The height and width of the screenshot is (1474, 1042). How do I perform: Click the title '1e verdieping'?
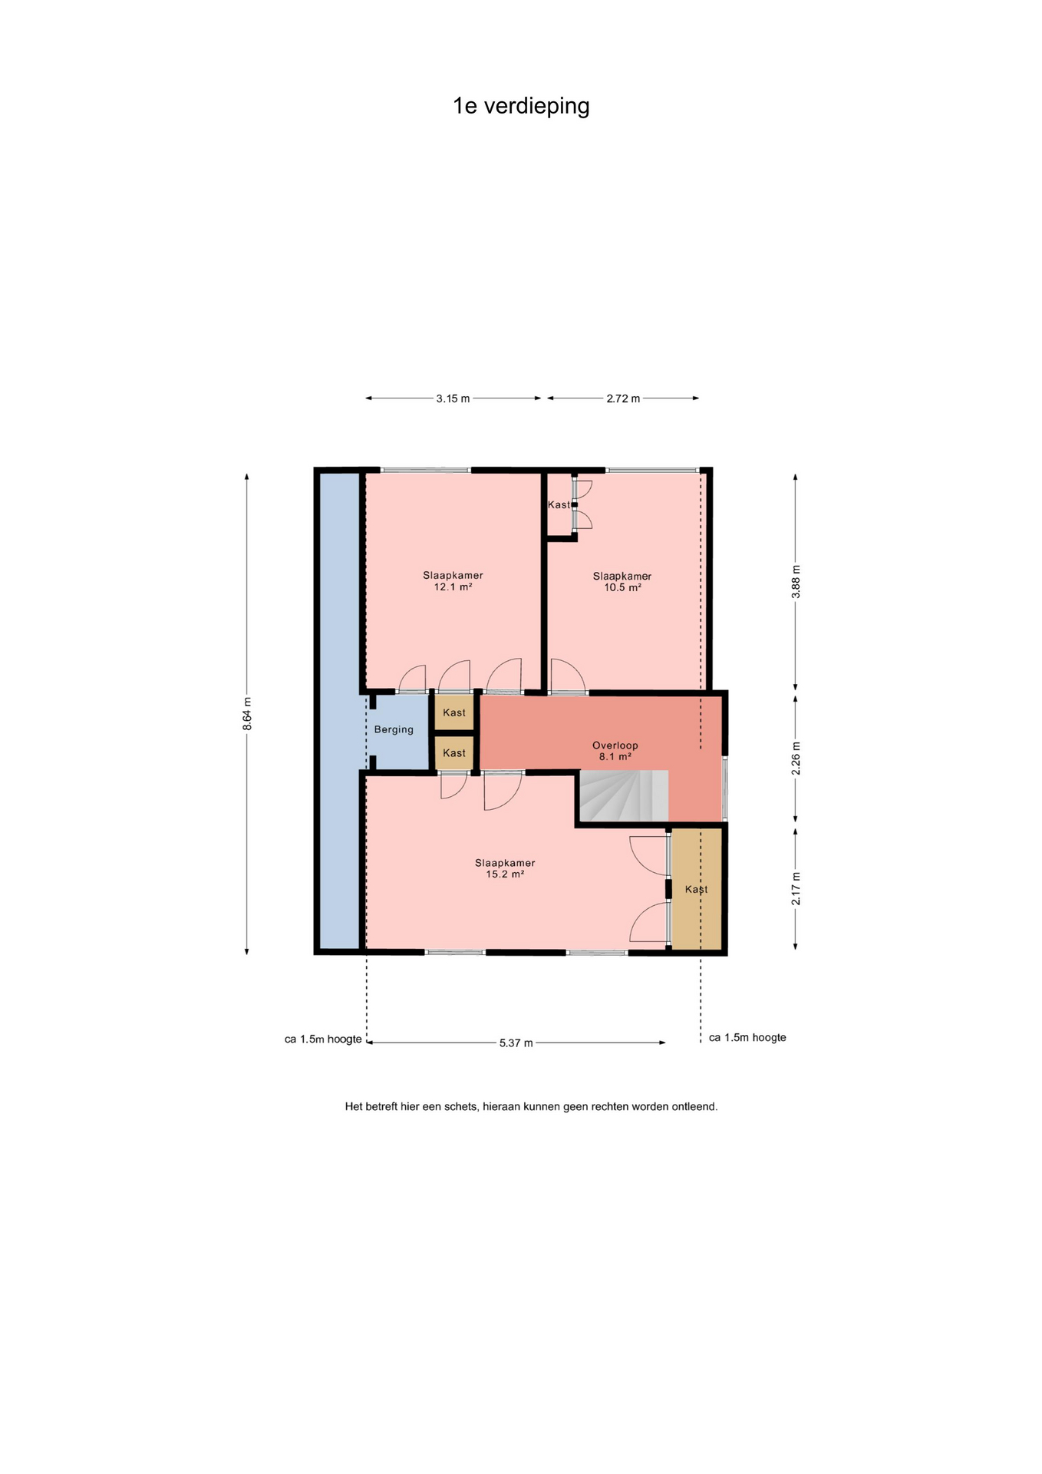(x=521, y=106)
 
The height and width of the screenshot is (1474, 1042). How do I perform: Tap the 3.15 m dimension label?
(x=453, y=398)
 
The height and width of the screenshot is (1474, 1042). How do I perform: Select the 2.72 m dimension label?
(x=623, y=398)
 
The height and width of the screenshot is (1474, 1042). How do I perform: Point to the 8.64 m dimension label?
(x=247, y=714)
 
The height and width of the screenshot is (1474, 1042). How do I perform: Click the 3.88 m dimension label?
(x=796, y=582)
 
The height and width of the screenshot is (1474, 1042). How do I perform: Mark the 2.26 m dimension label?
(x=796, y=758)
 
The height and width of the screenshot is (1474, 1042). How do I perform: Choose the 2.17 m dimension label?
(x=796, y=888)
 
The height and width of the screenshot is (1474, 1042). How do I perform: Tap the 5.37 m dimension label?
(x=516, y=1043)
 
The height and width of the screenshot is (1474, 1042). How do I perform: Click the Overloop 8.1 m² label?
(x=615, y=751)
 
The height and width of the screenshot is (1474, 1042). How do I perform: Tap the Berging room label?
(x=394, y=729)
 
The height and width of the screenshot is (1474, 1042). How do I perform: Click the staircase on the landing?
(x=623, y=796)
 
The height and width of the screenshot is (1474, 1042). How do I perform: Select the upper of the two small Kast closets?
(x=454, y=712)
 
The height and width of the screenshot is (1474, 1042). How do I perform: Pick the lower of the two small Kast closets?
(x=454, y=753)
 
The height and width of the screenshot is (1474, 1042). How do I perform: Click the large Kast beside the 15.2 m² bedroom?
(x=697, y=889)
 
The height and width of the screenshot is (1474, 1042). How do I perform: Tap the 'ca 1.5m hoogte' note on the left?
(x=323, y=1039)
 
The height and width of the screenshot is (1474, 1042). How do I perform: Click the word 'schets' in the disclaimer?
(x=460, y=1107)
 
